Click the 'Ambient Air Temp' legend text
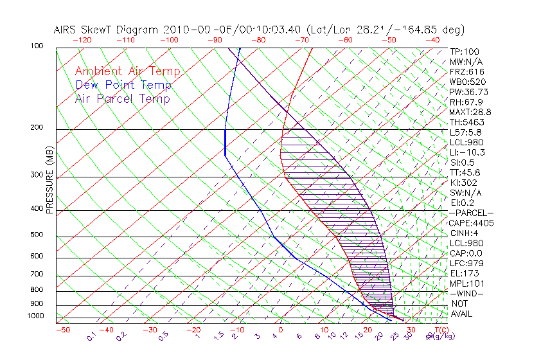127,72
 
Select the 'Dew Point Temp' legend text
123,85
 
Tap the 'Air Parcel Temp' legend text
123,99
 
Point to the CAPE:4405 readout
470,223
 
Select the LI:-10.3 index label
467,152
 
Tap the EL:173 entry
464,273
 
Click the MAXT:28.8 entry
470,112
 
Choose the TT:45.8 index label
465,172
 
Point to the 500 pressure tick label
36,235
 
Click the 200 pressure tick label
36,128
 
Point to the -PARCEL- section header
471,213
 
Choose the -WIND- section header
467,293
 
